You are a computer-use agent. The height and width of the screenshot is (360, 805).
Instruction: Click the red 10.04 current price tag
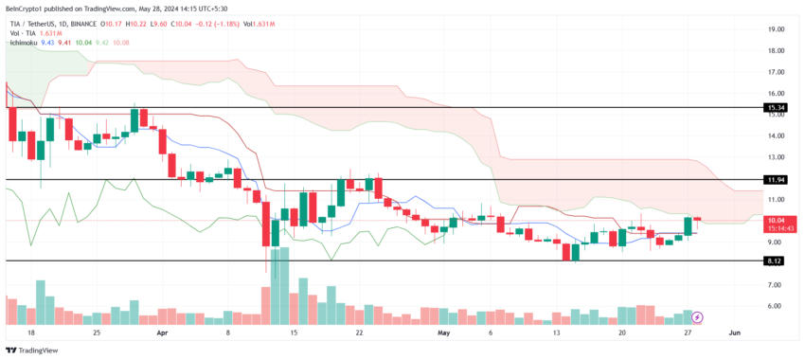coord(777,219)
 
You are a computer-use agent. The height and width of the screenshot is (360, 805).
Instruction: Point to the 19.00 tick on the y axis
coord(776,29)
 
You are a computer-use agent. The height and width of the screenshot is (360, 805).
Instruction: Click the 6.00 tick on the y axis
coord(776,306)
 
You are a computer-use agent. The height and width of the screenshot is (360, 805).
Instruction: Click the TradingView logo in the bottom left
coord(35,349)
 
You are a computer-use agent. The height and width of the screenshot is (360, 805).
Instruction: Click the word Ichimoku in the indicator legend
coord(24,43)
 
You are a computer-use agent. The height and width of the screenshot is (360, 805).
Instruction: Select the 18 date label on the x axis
coord(31,333)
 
